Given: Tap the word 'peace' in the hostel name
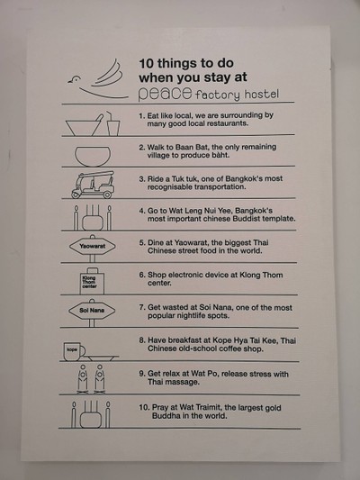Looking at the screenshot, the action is pos(166,94).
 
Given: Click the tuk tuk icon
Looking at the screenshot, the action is pos(93,185).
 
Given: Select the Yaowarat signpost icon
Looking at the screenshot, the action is pos(93,249).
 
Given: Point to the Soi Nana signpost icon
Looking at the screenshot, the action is pos(92,312).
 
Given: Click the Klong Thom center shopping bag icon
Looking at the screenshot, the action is pos(92,281).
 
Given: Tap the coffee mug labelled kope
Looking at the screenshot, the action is pos(74,351).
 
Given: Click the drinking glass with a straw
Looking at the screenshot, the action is pos(112,124).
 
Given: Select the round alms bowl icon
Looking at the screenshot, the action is pos(93,156).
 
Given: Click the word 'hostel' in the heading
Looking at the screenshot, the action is pos(262,95).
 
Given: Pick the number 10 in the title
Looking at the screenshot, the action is pos(146,63).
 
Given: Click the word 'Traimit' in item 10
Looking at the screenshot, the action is pos(207,407).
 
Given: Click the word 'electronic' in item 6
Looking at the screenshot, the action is pos(185,275).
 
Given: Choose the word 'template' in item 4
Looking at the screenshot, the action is pos(279,219).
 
